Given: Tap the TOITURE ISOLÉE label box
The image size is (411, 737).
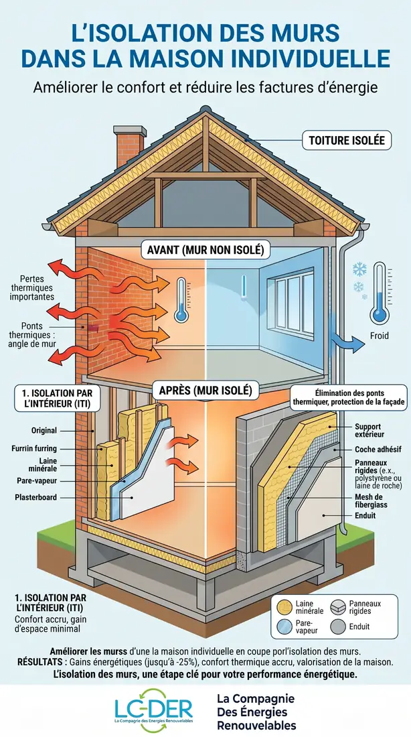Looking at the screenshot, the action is [x=347, y=140].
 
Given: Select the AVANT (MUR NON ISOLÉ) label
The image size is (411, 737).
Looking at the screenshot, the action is [x=206, y=250].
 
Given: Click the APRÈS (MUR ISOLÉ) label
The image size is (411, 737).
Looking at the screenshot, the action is [x=205, y=390].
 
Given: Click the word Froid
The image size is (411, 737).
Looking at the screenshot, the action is [x=380, y=336].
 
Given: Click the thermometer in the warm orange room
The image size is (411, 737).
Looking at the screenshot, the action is [x=181, y=300].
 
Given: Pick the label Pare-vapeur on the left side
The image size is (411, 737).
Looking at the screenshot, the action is [x=36, y=481].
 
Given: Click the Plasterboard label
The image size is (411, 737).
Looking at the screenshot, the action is [x=35, y=497].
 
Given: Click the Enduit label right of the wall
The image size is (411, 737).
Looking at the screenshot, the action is [x=365, y=516].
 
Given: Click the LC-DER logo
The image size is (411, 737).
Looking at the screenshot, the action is [x=153, y=710].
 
